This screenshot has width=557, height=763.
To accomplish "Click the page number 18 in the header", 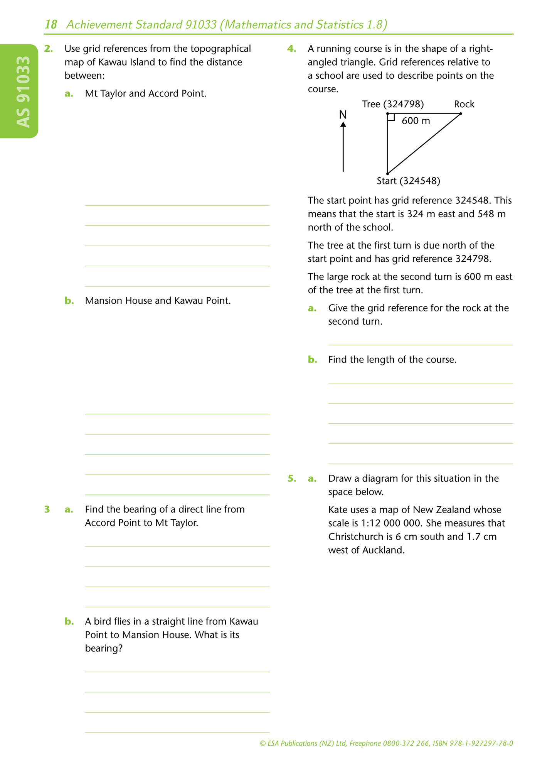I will coord(51,25).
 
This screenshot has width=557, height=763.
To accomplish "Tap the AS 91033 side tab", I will coord(23,92).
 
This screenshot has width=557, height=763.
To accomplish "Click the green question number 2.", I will coord(48,49).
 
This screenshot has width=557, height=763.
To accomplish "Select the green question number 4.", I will coord(291,49).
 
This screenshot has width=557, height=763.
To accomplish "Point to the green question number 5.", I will coord(292,479).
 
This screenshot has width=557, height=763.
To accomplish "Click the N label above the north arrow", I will coord(343,115).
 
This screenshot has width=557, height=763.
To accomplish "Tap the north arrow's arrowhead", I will coord(343,124).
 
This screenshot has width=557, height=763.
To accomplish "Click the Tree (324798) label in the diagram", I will coord(393,104).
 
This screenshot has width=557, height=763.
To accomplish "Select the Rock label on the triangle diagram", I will coord(464,104).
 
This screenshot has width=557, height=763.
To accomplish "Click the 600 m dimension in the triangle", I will coord(416,121).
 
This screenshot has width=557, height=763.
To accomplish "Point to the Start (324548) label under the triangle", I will coord(408,181).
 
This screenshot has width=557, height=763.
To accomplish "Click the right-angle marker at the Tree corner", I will coord(391,117).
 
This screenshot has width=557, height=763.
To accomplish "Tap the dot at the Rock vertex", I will coord(461,113).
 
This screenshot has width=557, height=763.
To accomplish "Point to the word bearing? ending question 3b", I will coord(104,648).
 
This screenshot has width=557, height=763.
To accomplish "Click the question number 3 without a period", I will coord(47,509).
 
